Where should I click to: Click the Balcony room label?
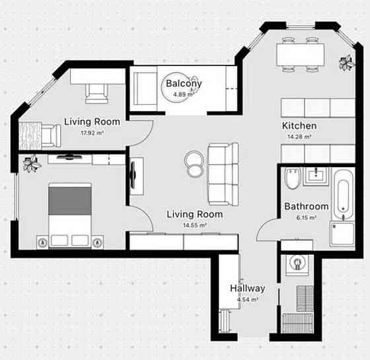[184, 83]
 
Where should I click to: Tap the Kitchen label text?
[299, 126]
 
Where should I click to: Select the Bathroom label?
[307, 206]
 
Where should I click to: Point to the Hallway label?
[248, 289]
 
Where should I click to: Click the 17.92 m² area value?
[92, 133]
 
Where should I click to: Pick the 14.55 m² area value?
[195, 225]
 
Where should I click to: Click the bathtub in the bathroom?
[344, 195]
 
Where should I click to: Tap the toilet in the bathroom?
[293, 178]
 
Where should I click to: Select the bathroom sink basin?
[316, 176]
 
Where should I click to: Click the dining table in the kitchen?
[301, 55]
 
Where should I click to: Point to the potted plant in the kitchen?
[346, 62]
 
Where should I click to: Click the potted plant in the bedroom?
[32, 164]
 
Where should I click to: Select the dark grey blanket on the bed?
[69, 201]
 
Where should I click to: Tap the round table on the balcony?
[176, 87]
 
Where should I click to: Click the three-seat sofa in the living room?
[223, 174]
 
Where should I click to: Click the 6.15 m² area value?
[307, 217]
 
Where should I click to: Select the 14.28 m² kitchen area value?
[299, 137]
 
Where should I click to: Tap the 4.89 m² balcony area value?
[184, 94]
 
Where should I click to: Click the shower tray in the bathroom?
[342, 234]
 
